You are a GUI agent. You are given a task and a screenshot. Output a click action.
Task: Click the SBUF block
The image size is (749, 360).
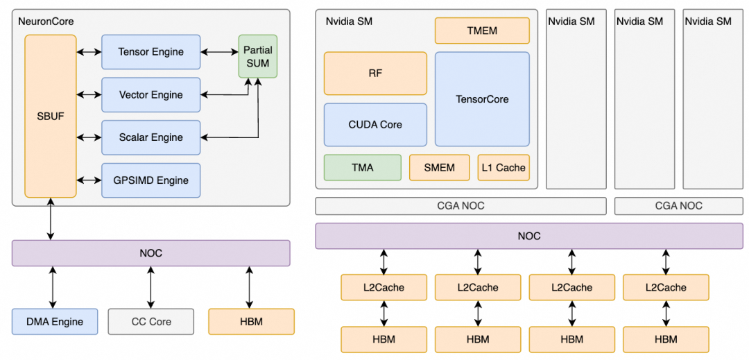(x=51, y=116)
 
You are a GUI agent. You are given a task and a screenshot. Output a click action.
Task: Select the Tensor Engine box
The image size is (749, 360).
(x=150, y=52)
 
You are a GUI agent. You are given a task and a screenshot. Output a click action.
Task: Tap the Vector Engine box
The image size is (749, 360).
(x=150, y=94)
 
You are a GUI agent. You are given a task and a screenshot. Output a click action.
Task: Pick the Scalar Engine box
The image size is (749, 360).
(x=150, y=137)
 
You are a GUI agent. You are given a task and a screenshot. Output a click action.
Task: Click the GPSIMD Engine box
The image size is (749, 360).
(x=150, y=180)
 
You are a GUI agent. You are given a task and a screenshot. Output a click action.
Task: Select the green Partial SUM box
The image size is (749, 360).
(x=257, y=56)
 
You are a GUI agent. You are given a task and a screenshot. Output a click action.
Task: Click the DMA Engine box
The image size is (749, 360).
(x=55, y=322)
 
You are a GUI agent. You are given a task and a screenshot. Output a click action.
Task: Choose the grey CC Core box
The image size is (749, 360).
(x=150, y=322)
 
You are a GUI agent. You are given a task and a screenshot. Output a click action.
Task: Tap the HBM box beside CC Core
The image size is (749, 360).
(x=251, y=322)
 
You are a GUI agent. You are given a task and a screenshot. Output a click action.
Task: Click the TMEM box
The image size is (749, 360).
(x=482, y=31)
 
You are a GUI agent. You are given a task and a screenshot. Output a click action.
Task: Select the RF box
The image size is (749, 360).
(x=375, y=73)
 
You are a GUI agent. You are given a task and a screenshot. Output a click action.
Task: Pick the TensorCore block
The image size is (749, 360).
(x=482, y=99)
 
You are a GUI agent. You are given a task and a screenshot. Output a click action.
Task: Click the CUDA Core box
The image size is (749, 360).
(x=375, y=125)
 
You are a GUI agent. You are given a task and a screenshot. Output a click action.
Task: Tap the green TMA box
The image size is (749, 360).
(x=362, y=168)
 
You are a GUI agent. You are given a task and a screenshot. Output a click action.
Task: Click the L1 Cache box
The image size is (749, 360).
(x=503, y=168)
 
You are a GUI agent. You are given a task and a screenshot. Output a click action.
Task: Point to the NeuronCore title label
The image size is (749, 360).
(x=46, y=22)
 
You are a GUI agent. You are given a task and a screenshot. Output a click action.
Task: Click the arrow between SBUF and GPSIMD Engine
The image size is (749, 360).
(x=89, y=180)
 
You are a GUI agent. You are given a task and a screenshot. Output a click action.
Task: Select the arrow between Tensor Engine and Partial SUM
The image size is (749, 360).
(x=219, y=52)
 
